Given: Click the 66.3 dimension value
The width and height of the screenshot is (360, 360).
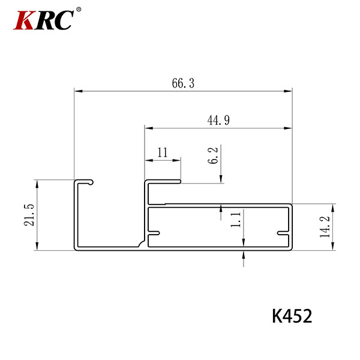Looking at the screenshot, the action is coord(183,83).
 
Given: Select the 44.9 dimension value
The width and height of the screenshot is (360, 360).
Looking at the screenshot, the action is coord(218,120).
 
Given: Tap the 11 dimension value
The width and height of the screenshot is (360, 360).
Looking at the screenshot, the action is coord(163,152).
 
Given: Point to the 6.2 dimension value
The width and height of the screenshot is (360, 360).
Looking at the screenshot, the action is coord(212,155).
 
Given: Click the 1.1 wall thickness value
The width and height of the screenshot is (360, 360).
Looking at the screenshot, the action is coord(236,220).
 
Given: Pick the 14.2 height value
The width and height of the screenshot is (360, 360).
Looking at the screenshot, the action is coord(325,227).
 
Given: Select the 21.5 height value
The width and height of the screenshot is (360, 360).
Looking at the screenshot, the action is coord(29,215).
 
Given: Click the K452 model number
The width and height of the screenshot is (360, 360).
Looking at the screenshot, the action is coord(292,316).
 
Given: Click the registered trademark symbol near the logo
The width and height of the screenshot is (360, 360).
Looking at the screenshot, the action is coord(79,10).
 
